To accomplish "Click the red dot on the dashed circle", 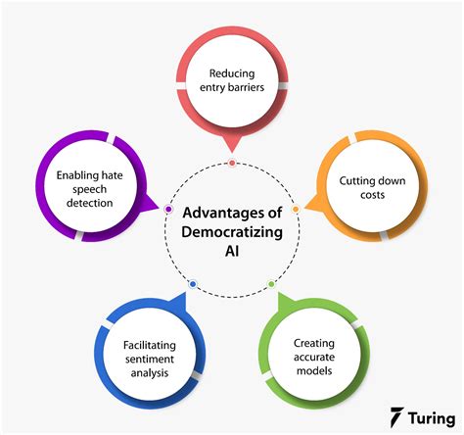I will click(x=231, y=163).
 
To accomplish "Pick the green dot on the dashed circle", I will click(x=271, y=284).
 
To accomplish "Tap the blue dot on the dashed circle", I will click(x=193, y=284).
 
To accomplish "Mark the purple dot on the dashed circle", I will click(x=168, y=209).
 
